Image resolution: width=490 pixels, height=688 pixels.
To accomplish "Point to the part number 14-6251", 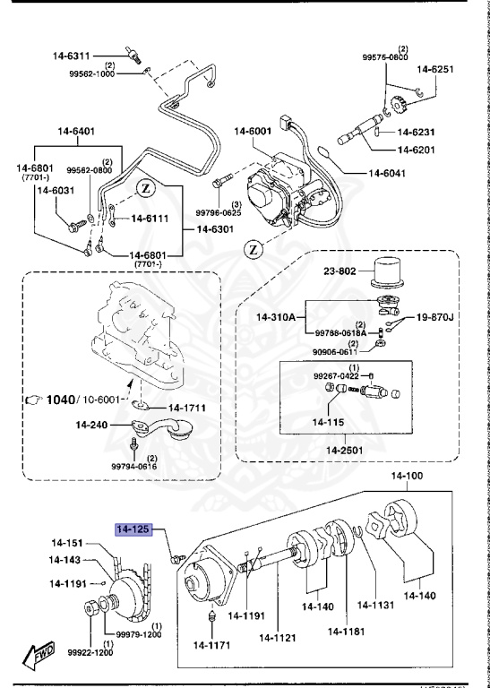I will pos(434,68).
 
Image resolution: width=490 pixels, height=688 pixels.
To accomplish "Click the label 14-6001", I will pos(254,132).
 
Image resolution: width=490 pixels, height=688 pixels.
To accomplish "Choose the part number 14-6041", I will pos(392,172).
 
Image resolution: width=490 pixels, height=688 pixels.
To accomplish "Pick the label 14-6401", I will pos(73,132).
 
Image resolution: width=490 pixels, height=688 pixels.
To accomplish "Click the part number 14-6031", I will pos(54,190).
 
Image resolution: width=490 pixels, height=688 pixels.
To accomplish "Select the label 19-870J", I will pos(434,316).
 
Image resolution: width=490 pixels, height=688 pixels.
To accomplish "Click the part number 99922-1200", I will pos(91,653).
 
